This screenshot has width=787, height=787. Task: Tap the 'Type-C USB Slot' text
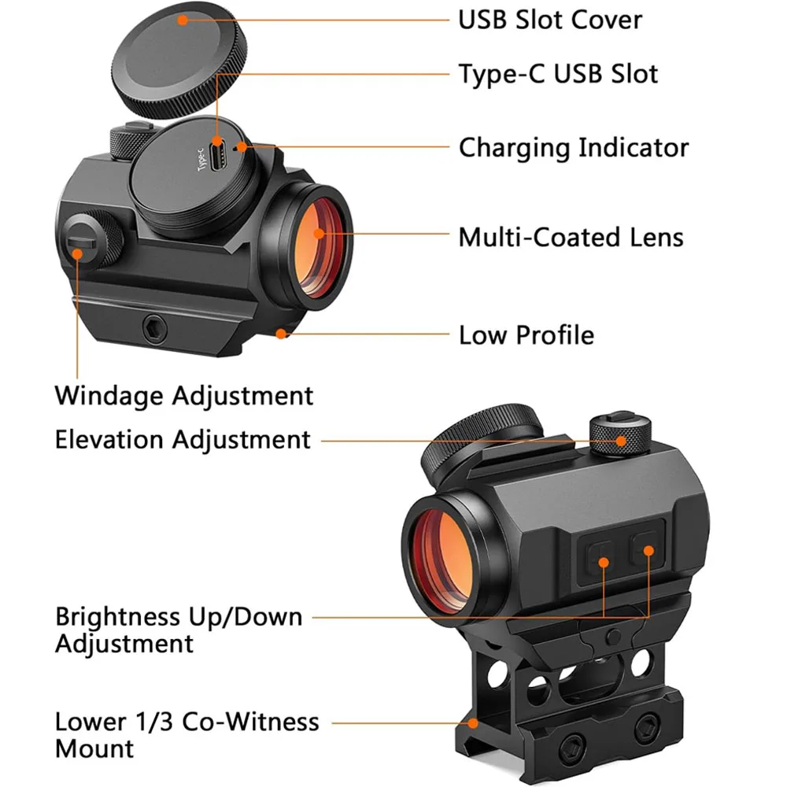558,73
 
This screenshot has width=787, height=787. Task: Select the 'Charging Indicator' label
574,148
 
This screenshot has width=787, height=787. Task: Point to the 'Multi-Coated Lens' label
571,237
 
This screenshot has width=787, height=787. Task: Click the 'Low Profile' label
527,334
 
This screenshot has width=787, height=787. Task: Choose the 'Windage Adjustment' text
183,395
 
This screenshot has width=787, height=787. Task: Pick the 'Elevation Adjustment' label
183,439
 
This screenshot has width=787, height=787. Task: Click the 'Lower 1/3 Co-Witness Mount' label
187,734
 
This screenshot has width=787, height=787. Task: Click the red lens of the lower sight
445,548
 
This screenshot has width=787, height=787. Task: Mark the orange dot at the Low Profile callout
281,333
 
